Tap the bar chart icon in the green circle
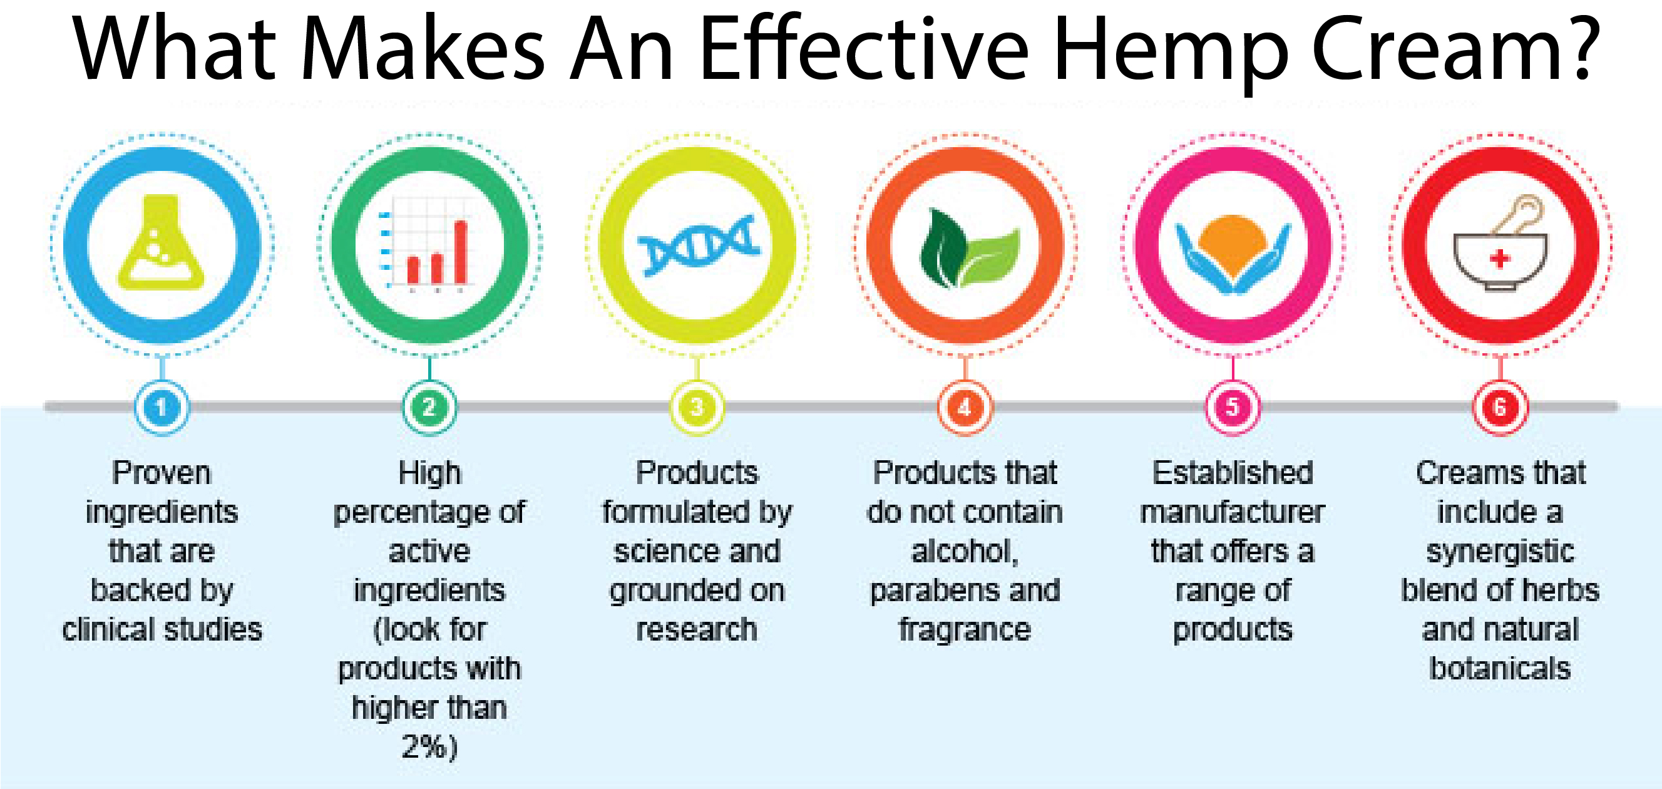coord(428,248)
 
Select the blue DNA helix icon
coord(697,245)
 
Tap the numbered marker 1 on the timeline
coord(162,407)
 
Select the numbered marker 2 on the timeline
coord(429,407)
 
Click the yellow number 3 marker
coord(697,407)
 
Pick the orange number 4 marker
coord(965,407)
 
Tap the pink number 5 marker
coord(1233,407)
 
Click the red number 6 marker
coord(1500,407)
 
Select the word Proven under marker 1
coord(162,472)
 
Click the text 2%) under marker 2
coord(429,746)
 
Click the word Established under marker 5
coord(1233,472)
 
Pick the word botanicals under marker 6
coord(1500,668)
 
